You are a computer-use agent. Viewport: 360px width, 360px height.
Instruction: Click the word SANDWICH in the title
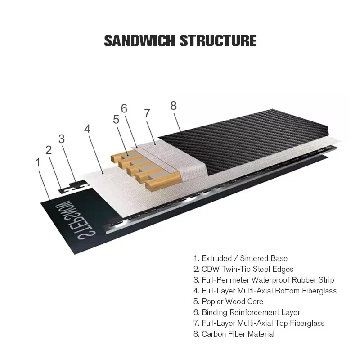139,40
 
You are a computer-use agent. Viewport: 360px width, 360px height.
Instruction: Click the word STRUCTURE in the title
218,40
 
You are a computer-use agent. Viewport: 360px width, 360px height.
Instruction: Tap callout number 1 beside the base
38,162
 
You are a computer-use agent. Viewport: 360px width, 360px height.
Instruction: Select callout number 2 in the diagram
49,150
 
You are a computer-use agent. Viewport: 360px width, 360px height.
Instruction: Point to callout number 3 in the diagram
62,139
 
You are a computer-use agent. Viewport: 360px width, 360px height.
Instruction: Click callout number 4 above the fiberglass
87,129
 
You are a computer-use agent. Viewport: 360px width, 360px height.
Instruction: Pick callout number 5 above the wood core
116,120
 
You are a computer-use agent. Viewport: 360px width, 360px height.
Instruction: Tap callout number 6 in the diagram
124,108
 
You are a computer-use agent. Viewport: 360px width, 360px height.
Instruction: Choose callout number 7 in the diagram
147,113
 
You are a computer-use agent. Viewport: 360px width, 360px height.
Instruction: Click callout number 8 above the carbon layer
174,106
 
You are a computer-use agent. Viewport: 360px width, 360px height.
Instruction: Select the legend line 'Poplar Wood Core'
229,301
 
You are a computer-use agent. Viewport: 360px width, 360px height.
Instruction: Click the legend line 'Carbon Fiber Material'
234,334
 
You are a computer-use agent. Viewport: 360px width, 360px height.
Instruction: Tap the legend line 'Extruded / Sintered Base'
240,258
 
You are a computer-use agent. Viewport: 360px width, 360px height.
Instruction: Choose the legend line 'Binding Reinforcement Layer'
247,312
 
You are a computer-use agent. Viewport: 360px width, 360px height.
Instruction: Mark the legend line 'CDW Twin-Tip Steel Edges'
243,269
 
